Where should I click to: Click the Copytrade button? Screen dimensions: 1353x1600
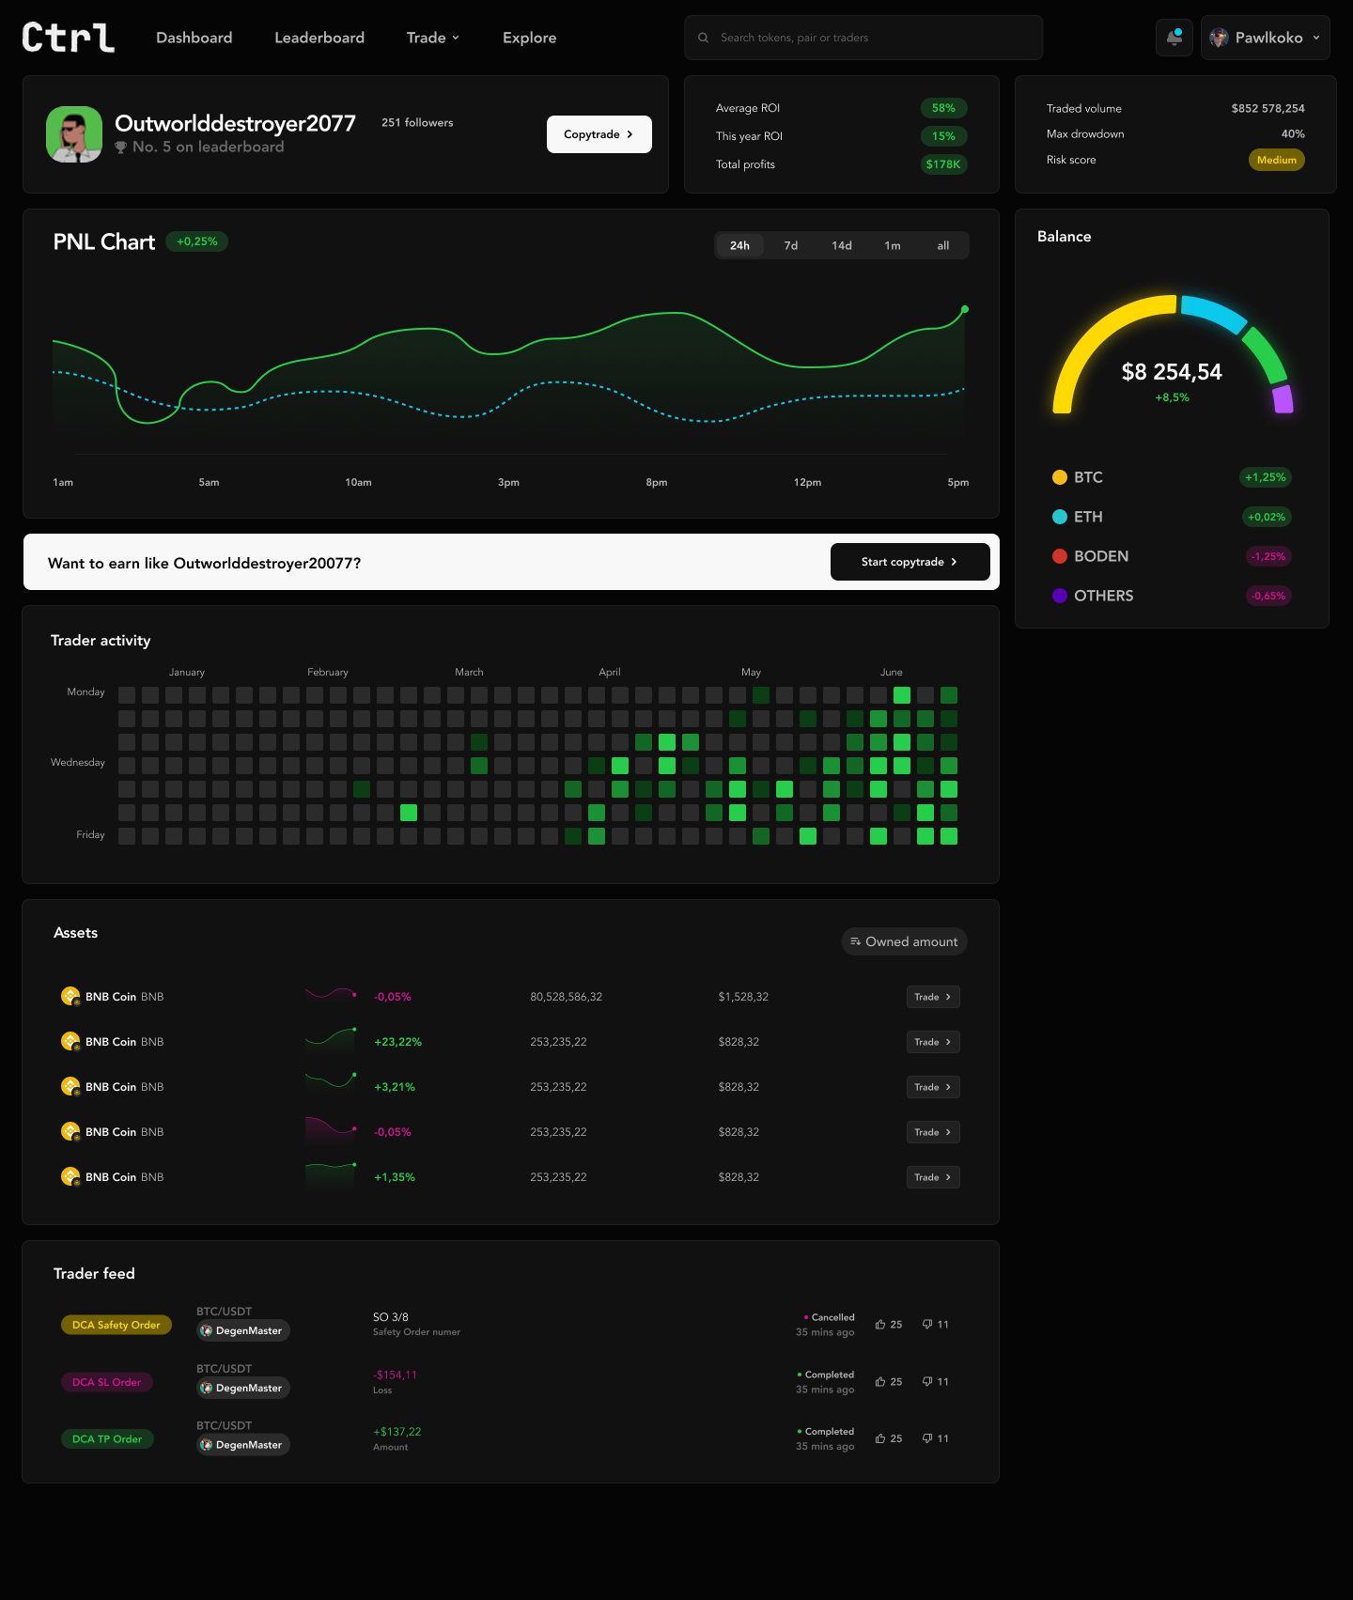coord(599,134)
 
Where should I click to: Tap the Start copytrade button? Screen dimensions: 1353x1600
coord(910,562)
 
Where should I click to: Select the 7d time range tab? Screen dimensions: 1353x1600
coord(791,245)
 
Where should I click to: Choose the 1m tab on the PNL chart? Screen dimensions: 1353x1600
coord(893,245)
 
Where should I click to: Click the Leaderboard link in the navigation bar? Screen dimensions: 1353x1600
coord(319,38)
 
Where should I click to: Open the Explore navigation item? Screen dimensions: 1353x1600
coord(529,38)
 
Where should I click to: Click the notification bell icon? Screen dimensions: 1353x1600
coord(1174,38)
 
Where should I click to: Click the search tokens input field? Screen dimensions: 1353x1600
coord(863,38)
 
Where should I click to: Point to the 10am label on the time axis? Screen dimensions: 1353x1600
coord(358,482)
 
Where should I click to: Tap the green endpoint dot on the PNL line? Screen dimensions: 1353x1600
coord(965,309)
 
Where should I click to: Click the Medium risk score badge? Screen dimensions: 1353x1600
coord(1277,160)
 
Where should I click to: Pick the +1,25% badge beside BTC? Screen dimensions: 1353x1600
coord(1266,477)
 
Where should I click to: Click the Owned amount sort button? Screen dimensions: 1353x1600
coord(904,941)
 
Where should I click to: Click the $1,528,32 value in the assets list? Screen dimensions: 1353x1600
coord(743,997)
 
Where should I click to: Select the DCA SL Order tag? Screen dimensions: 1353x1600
coord(107,1382)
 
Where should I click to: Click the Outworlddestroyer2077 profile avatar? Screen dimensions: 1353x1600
coord(74,134)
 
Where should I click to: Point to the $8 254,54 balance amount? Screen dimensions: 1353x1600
coord(1172,372)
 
